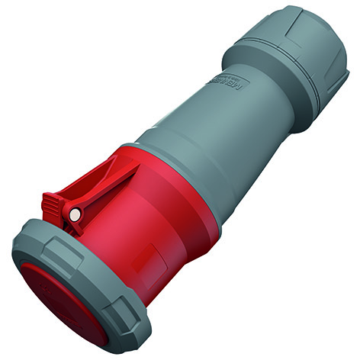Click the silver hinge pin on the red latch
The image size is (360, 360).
point(74,217)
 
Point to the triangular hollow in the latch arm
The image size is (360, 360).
point(99,183)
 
